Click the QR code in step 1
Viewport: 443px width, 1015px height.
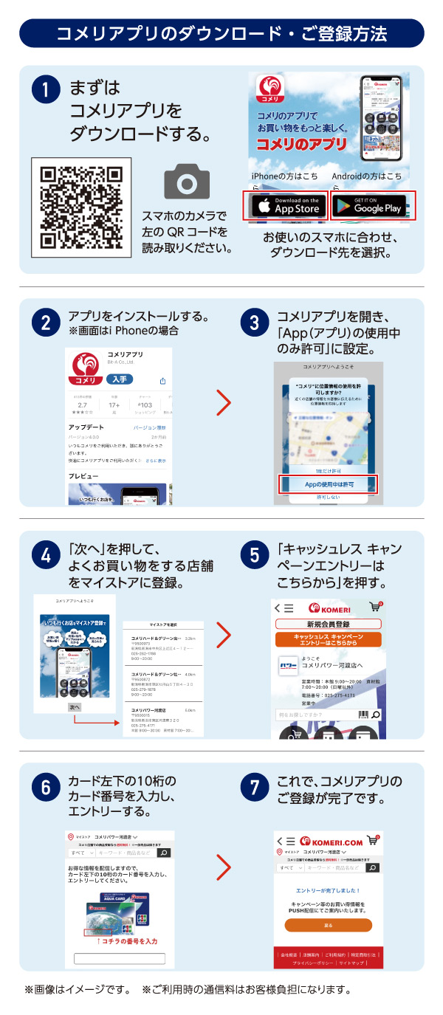[81, 207]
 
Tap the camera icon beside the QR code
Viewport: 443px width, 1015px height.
[186, 181]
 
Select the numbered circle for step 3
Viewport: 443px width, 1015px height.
[255, 323]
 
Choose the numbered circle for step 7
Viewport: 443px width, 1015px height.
[255, 788]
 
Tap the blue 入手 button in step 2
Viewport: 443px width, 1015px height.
[120, 379]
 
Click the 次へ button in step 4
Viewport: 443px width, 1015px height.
[75, 707]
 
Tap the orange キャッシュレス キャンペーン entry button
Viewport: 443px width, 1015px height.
[328, 639]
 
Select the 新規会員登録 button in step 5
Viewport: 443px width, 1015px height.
[328, 624]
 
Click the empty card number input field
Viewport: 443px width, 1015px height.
[119, 959]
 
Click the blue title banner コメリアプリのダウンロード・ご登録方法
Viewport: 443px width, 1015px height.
[221, 34]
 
